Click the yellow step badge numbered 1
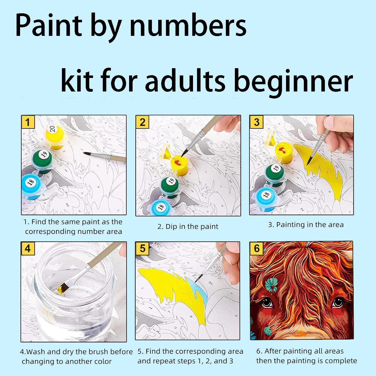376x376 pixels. point(28,122)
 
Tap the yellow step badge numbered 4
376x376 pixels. point(28,248)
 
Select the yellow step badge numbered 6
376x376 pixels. point(256,248)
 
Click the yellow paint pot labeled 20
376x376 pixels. point(54,137)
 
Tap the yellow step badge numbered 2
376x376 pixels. point(142,122)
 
